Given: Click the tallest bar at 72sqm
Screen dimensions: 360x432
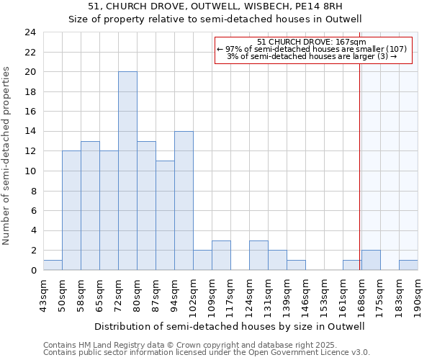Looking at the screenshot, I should [x=127, y=171].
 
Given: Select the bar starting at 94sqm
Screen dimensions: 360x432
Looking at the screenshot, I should [x=184, y=200].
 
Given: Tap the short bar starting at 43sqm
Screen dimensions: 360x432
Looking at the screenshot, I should [x=53, y=265].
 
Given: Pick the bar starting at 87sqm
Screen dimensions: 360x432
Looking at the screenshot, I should [x=165, y=215].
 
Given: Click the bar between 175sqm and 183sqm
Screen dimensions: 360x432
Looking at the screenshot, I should [x=371, y=260].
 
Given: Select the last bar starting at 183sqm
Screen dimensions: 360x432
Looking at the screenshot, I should [x=408, y=265].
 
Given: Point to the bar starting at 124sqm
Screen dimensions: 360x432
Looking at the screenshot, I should [x=258, y=255].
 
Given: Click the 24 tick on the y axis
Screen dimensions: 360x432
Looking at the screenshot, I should [x=30, y=32].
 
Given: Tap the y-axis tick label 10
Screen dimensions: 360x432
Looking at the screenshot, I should [x=30, y=171].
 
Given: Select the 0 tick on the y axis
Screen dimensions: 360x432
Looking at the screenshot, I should [x=32, y=271].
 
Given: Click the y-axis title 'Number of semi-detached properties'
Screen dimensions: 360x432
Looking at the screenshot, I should [x=7, y=155].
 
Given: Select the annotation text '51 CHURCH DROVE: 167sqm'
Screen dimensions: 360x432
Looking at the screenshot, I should [x=312, y=42].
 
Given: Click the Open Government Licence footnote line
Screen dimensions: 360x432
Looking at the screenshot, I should [x=207, y=353].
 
